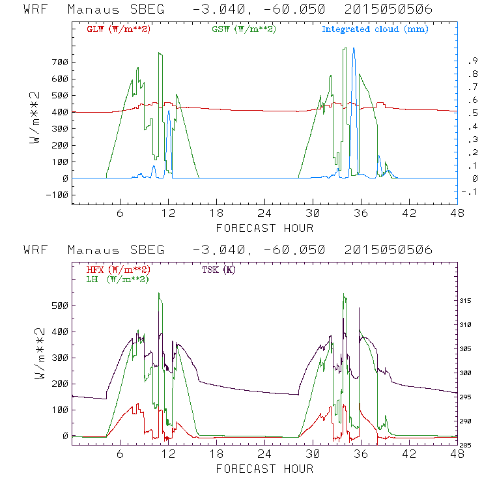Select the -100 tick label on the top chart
click(x=58, y=194)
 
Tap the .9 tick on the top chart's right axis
click(x=471, y=61)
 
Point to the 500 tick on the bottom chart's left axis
click(x=60, y=305)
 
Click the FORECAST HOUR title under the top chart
click(x=264, y=228)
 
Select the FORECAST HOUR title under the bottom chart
click(x=264, y=469)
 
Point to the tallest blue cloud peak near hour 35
click(x=354, y=48)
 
